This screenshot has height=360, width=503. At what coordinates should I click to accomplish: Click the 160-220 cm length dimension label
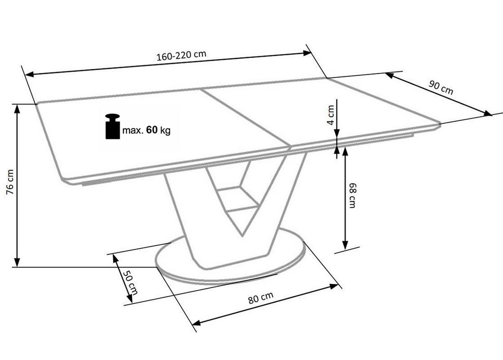[181, 56]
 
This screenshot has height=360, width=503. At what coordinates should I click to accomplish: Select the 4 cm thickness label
[331, 115]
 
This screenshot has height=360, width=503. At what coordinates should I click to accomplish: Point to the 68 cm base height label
[353, 196]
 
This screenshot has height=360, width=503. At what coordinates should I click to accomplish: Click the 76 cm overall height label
[10, 182]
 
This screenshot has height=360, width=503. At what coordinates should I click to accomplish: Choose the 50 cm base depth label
[130, 282]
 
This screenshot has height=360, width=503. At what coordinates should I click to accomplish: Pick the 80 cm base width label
[261, 297]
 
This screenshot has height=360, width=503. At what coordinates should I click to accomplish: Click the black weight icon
[112, 127]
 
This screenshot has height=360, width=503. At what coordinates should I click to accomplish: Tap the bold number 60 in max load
[152, 130]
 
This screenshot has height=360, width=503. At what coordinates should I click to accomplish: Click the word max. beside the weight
[133, 130]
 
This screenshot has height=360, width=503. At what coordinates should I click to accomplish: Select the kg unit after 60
[165, 130]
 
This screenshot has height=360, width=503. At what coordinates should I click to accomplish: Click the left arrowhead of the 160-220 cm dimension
[29, 74]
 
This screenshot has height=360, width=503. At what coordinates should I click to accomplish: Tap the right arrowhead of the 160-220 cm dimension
[307, 53]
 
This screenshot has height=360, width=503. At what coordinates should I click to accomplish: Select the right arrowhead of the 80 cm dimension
[334, 286]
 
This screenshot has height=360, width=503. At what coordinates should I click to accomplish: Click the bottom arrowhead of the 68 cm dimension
[345, 245]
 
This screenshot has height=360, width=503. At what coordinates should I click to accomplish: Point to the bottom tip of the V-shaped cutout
[242, 236]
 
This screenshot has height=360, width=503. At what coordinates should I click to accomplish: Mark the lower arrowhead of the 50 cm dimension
[130, 299]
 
